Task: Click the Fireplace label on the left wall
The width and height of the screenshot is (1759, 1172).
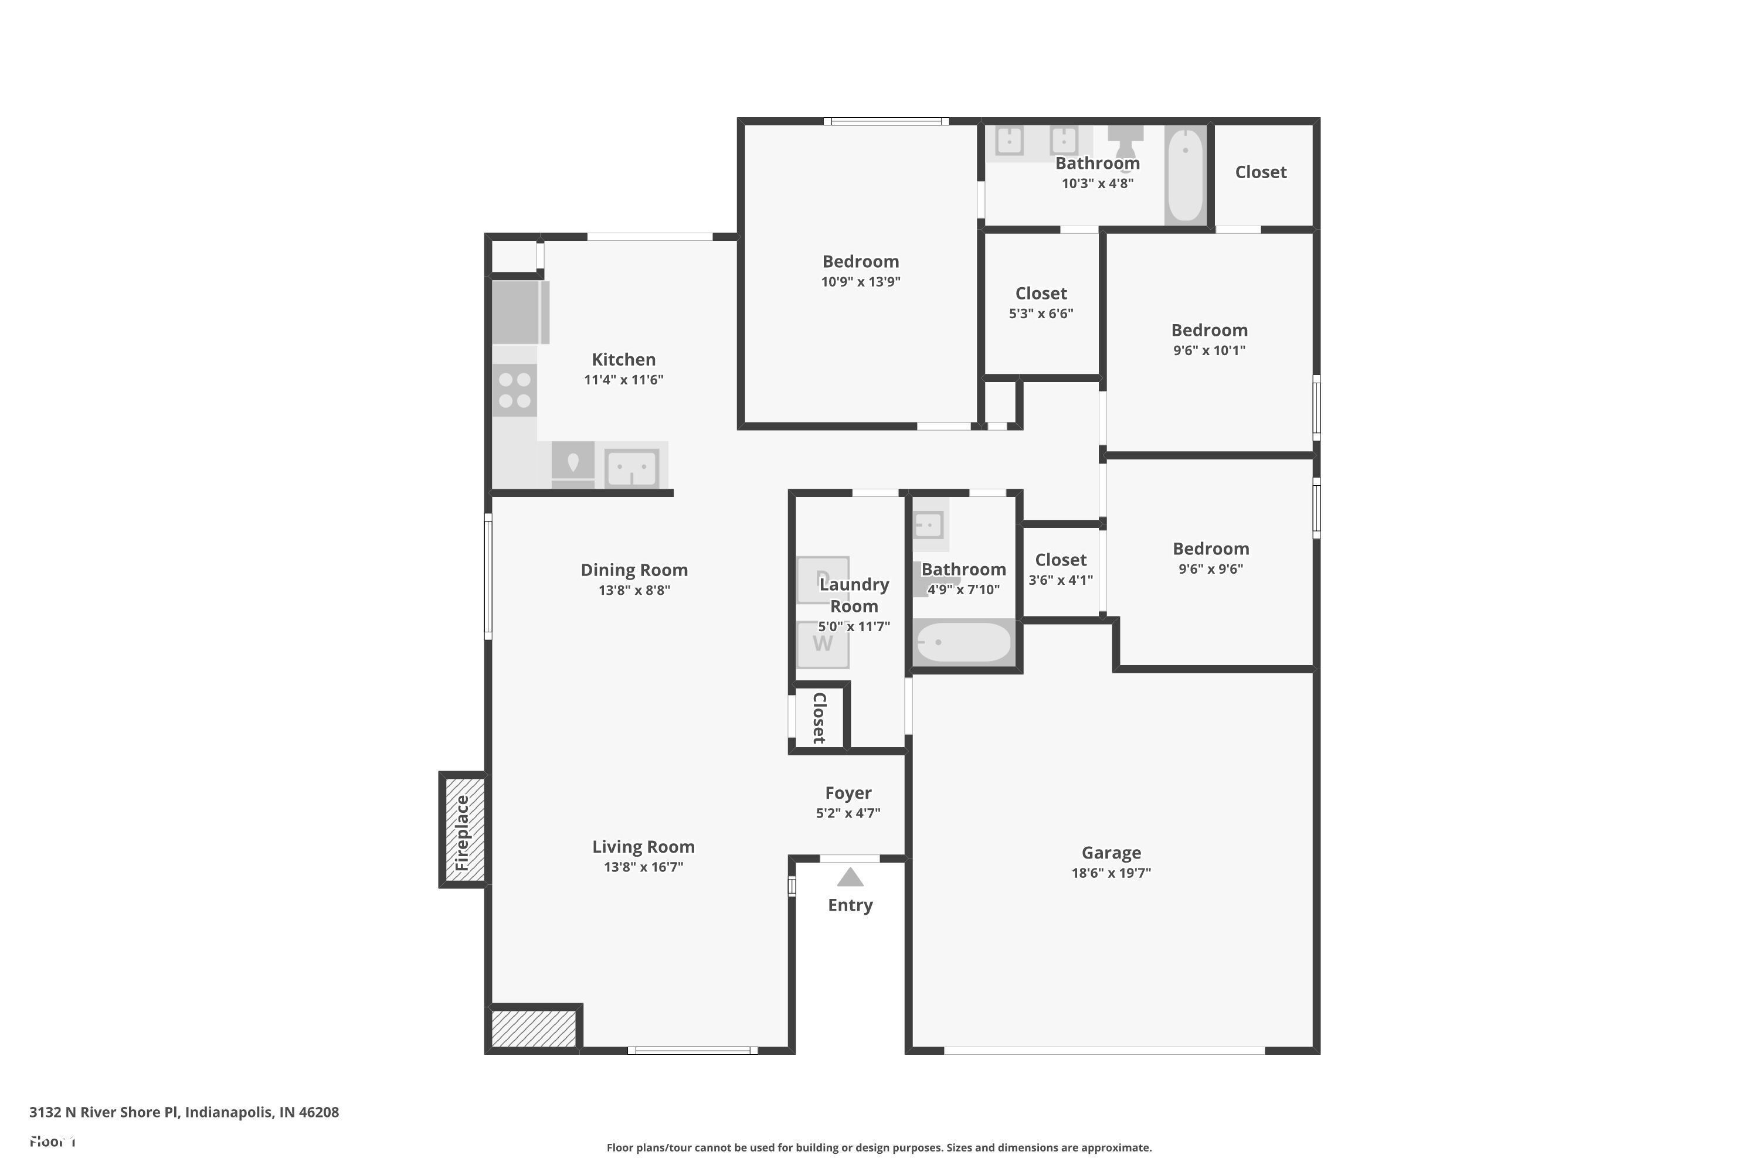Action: click(x=462, y=833)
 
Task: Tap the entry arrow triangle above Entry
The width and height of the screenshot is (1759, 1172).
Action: click(x=850, y=877)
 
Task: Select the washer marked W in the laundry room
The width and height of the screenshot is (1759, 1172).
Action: click(x=823, y=643)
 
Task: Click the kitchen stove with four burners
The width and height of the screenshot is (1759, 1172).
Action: click(x=515, y=390)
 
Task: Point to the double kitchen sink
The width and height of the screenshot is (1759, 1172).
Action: click(x=632, y=468)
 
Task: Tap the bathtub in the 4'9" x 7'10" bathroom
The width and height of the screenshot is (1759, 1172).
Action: click(x=963, y=642)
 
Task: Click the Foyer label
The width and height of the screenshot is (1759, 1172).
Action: click(x=848, y=793)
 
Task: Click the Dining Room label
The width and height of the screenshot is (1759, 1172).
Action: click(x=634, y=570)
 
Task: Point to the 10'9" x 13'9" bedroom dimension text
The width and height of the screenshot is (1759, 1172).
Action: click(x=860, y=282)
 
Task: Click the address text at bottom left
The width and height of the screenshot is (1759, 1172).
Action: click(x=184, y=1112)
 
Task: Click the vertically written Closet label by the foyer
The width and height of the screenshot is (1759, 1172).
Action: click(x=820, y=717)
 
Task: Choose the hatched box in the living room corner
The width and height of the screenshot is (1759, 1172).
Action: click(x=534, y=1028)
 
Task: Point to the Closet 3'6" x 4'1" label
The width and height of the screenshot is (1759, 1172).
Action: click(x=1061, y=560)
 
